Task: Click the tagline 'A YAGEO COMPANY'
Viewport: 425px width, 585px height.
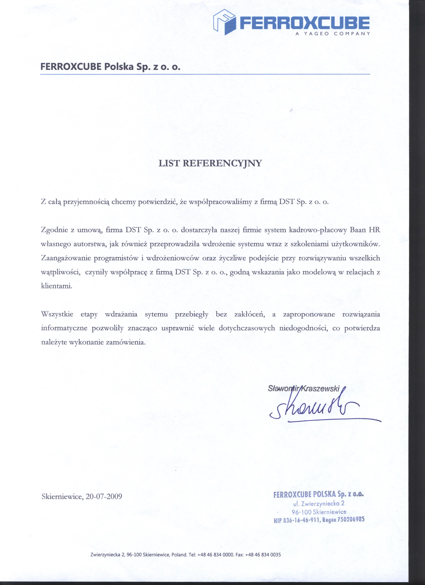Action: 333,33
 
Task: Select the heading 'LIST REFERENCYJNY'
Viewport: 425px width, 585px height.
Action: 210,163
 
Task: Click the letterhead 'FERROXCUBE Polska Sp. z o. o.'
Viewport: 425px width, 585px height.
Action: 110,67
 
